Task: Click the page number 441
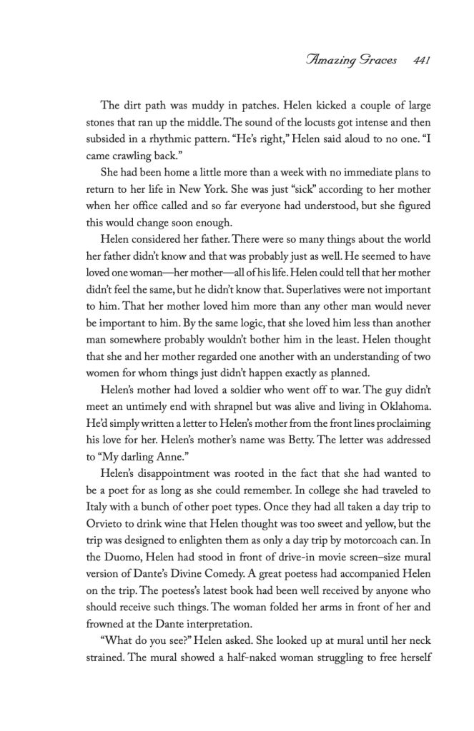click(x=416, y=61)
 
